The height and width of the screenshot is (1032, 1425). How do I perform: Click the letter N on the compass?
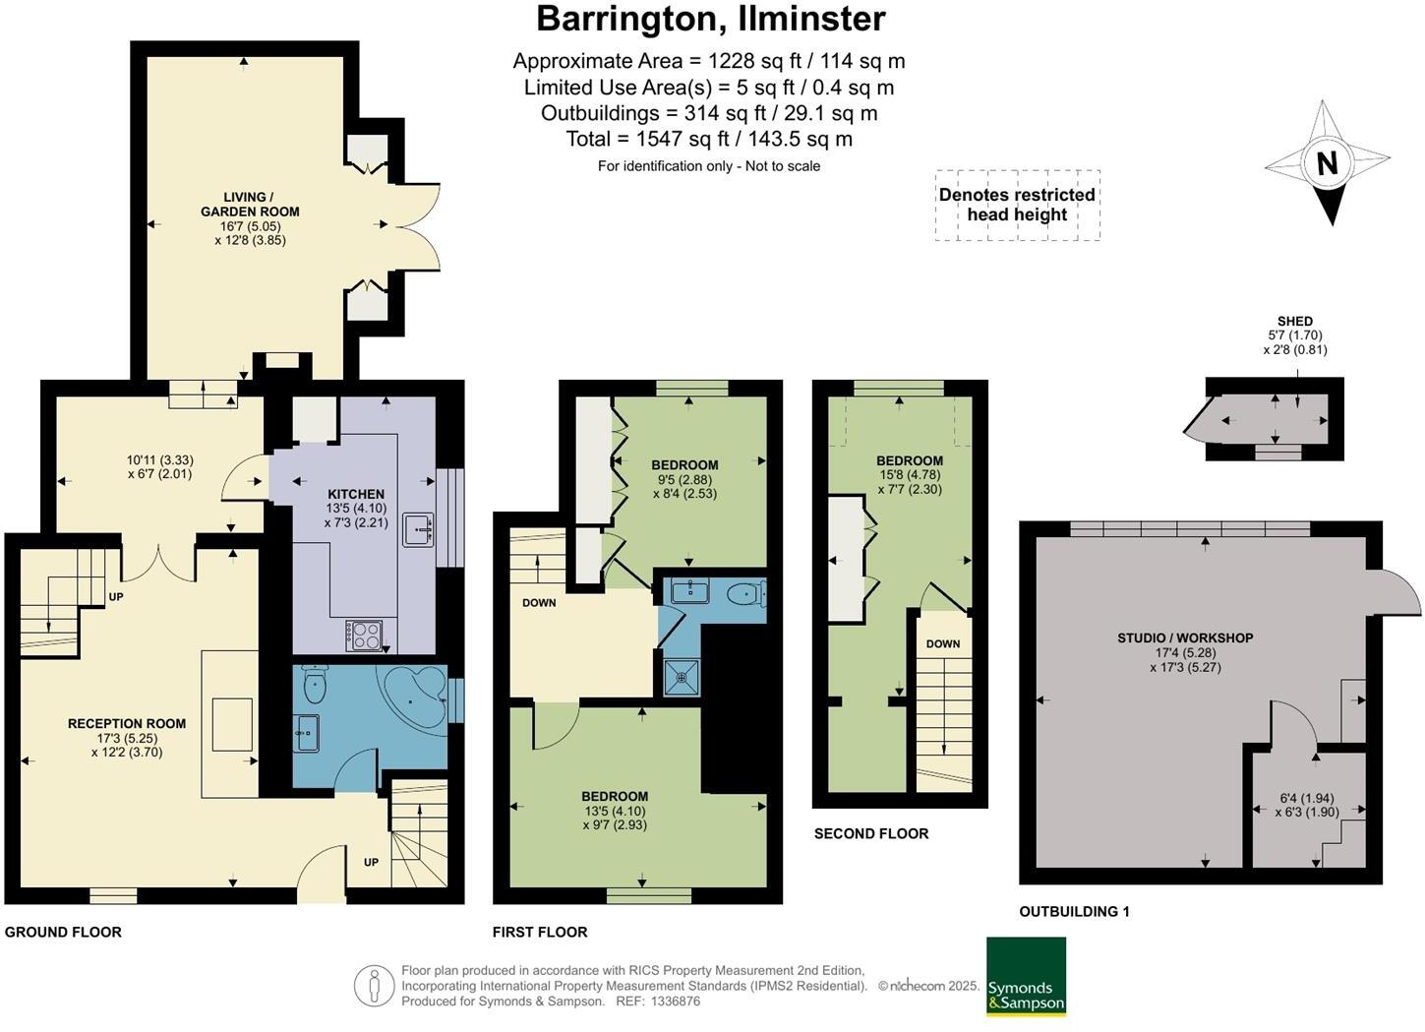click(x=1327, y=163)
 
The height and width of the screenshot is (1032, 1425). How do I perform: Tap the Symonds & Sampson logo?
click(x=1026, y=977)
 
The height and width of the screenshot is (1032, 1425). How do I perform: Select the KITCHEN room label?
click(x=356, y=495)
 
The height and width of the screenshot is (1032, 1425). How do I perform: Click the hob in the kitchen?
click(x=364, y=636)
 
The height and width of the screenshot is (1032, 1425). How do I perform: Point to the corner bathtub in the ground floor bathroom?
click(x=413, y=696)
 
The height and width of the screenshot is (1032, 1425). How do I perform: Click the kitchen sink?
click(x=418, y=529)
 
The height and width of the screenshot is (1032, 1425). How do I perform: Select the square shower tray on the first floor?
click(x=682, y=676)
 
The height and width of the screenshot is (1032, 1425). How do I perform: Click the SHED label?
click(x=1294, y=322)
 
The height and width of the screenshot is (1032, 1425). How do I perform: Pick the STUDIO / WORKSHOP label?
click(x=1185, y=637)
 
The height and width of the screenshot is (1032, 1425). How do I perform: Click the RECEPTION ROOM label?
click(x=127, y=723)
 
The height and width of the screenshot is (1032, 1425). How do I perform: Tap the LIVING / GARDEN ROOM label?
click(x=250, y=205)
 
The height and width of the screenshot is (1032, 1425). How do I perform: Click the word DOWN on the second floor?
click(x=943, y=643)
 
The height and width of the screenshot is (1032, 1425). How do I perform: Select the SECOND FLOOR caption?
click(x=871, y=833)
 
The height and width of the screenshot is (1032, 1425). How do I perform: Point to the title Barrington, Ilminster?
click(x=711, y=19)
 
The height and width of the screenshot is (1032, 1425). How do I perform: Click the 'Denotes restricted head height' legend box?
click(x=1017, y=205)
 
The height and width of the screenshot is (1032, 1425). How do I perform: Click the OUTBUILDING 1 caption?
click(x=1075, y=912)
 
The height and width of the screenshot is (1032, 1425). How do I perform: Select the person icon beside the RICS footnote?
click(x=375, y=986)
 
